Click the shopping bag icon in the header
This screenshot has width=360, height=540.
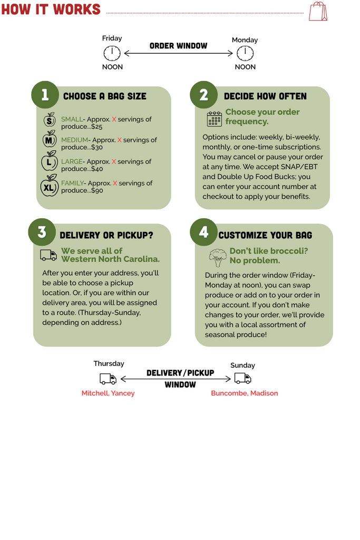coord(318,12)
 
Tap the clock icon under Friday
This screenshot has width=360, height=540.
coord(112,53)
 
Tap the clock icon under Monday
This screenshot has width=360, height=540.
coord(245,53)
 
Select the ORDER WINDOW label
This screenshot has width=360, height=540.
coord(178,46)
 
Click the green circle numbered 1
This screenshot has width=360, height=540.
coord(45,95)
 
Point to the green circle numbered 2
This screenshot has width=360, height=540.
coord(204,95)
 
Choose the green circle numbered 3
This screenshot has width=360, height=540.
coord(42,232)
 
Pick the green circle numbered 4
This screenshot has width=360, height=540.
coord(204,232)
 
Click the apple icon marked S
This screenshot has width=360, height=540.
coord(50,120)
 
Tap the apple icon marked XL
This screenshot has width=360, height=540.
coord(49,186)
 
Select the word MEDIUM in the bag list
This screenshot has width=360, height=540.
coord(75,140)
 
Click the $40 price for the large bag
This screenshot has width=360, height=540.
coord(97,169)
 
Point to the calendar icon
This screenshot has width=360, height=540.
coord(215,119)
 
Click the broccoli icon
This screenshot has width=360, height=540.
coord(218,257)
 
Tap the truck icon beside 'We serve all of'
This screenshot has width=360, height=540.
coord(48,255)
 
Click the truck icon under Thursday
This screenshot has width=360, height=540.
coord(108,379)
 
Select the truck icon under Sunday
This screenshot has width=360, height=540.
coord(242,379)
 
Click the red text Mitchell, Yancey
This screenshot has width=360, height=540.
coord(108,393)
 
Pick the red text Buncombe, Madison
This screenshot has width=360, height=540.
coord(245,393)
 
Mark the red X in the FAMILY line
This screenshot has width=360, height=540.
coord(115,183)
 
